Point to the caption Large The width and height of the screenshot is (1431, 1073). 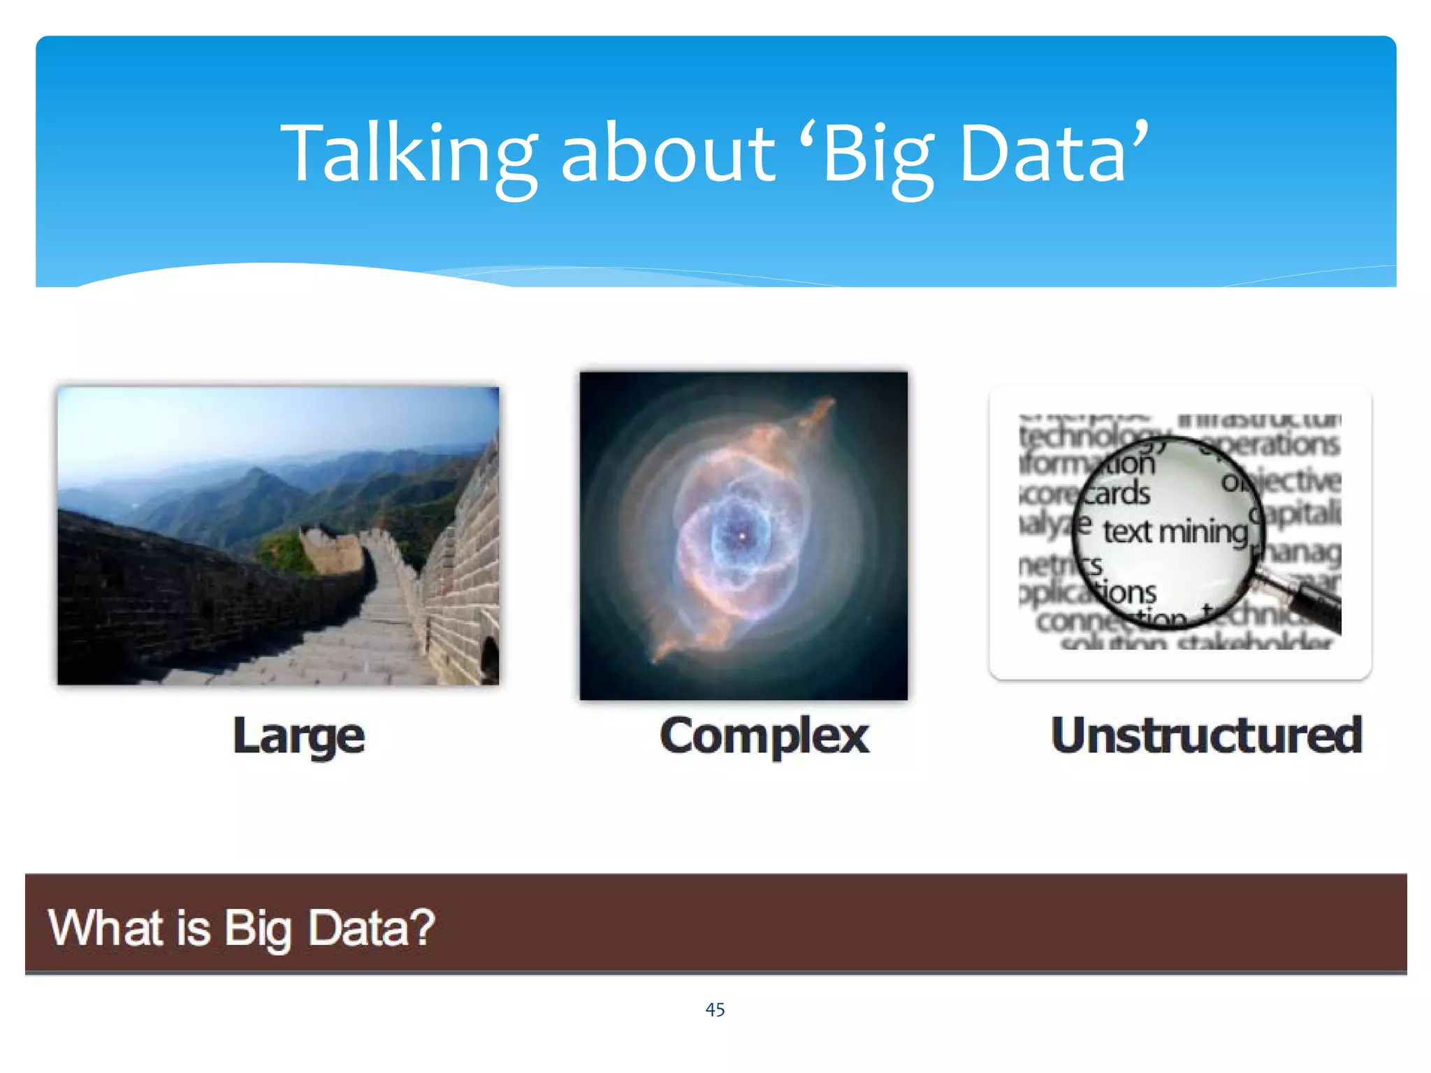click(x=298, y=736)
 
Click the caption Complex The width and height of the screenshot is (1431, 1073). click(x=764, y=736)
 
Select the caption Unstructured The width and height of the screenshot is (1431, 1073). click(x=1206, y=736)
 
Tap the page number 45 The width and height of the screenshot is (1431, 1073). click(x=715, y=1009)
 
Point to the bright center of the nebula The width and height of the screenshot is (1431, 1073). click(x=742, y=536)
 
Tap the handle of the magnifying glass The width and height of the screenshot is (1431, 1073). click(x=1314, y=604)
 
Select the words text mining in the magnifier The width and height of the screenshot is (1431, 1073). click(x=1175, y=532)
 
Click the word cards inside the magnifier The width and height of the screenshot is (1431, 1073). click(x=1118, y=493)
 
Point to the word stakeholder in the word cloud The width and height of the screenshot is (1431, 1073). click(x=1254, y=642)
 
